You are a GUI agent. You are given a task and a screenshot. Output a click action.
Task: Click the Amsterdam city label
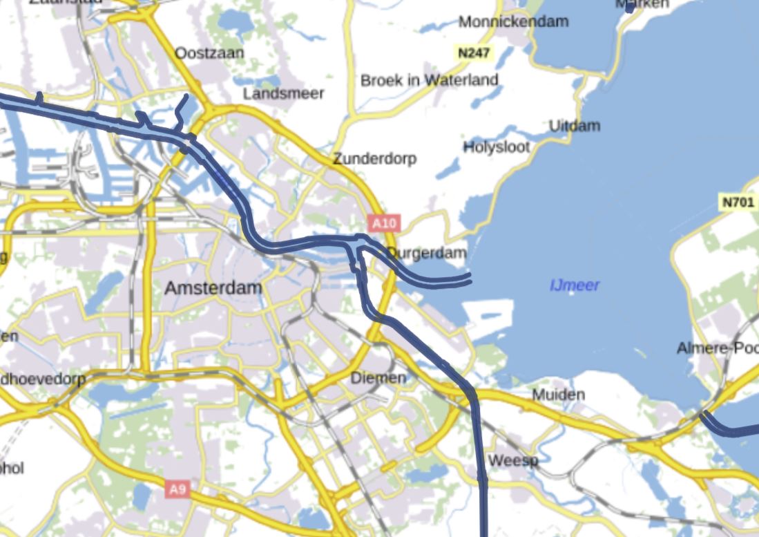(x=213, y=288)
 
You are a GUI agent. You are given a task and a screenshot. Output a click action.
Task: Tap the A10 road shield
(x=385, y=223)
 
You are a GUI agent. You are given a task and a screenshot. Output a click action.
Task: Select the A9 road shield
(x=177, y=490)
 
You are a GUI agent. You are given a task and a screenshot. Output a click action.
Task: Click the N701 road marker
(x=736, y=202)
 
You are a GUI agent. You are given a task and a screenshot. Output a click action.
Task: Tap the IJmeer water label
(x=575, y=285)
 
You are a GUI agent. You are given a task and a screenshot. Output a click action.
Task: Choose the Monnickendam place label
(x=513, y=21)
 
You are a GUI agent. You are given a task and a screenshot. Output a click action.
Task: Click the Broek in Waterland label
(x=429, y=80)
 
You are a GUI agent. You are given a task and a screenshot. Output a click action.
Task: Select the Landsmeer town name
(x=283, y=93)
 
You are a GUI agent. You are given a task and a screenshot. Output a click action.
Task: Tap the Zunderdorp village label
(x=374, y=159)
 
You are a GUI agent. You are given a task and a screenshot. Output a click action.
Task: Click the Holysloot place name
(x=497, y=147)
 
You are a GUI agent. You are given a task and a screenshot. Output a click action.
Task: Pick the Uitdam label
(x=574, y=126)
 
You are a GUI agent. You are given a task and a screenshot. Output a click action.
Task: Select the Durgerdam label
(x=427, y=253)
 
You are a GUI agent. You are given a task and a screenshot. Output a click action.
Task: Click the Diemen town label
(x=378, y=378)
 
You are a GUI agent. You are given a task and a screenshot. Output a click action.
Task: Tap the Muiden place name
(x=558, y=395)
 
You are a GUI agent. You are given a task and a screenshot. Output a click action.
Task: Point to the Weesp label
(x=512, y=460)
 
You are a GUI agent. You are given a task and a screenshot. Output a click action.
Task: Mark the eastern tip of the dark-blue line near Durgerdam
(x=470, y=278)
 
